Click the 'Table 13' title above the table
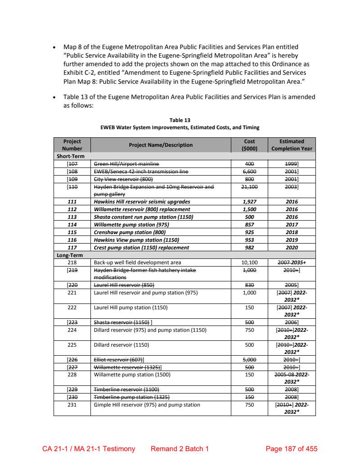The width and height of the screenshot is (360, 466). (x=180, y=120)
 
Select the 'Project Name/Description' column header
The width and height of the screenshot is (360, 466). (x=161, y=145)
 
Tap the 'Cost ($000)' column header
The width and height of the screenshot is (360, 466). (x=249, y=145)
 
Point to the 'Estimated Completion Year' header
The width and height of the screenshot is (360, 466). (x=292, y=145)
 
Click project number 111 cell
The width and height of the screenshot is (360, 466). (x=72, y=202)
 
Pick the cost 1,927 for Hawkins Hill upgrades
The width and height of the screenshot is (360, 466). (x=249, y=202)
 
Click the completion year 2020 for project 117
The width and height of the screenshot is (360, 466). (x=292, y=248)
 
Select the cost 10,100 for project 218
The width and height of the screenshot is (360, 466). (x=249, y=262)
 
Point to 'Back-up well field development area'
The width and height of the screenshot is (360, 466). (x=137, y=262)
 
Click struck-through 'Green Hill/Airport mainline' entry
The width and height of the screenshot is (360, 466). (x=126, y=163)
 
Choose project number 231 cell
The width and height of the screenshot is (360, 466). (x=72, y=405)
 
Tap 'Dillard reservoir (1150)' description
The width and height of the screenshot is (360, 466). (x=121, y=345)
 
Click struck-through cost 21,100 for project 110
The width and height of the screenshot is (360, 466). (x=249, y=186)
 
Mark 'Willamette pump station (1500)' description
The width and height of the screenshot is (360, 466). (x=132, y=375)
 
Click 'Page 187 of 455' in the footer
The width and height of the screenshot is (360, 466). (x=292, y=449)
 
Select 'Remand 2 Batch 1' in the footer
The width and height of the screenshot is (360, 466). (x=180, y=449)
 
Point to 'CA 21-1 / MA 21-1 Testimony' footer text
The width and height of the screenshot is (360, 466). (x=89, y=449)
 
